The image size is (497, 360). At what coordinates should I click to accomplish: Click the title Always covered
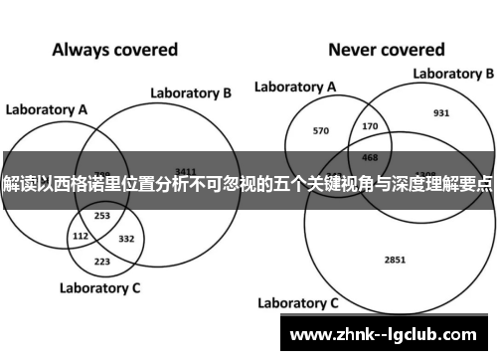point(114,49)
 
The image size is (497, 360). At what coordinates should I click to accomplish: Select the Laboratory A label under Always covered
point(47,108)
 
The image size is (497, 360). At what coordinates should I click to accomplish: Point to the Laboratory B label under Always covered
point(191,93)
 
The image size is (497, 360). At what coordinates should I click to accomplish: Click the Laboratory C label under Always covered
point(99,289)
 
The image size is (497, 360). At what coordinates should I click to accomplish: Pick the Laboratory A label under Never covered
point(294,88)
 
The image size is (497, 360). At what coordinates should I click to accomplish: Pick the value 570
point(320,130)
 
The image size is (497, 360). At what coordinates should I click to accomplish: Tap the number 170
point(371,126)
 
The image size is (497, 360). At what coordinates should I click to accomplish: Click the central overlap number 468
point(370,156)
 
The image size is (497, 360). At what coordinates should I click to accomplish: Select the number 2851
point(394,233)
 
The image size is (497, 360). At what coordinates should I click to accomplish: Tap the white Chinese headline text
point(248,186)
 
